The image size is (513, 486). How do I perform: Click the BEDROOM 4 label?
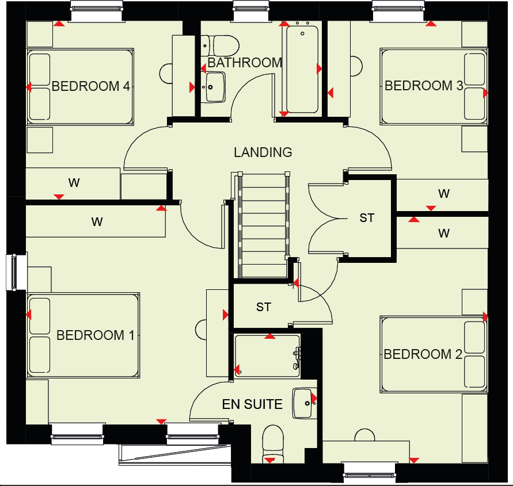pyautogui.click(x=91, y=87)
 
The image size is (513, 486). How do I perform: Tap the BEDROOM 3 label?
pyautogui.click(x=424, y=86)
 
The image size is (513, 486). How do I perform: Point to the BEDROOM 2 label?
pyautogui.click(x=423, y=354)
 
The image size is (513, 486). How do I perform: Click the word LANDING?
pyautogui.click(x=263, y=152)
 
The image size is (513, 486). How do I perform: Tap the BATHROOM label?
pyautogui.click(x=245, y=63)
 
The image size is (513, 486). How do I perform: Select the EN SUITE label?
pyautogui.click(x=252, y=404)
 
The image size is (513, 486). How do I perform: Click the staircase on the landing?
pyautogui.click(x=263, y=224)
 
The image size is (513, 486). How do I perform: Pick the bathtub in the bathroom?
pyautogui.click(x=301, y=69)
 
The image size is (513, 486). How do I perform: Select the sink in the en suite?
pyautogui.click(x=303, y=403)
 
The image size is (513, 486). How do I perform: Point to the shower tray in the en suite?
pyautogui.click(x=266, y=357)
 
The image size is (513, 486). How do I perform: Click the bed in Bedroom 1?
pyautogui.click(x=83, y=335)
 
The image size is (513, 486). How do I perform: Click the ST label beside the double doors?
pyautogui.click(x=367, y=218)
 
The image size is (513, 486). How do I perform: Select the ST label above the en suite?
pyautogui.click(x=264, y=307)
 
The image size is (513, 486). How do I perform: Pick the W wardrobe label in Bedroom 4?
pyautogui.click(x=74, y=183)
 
